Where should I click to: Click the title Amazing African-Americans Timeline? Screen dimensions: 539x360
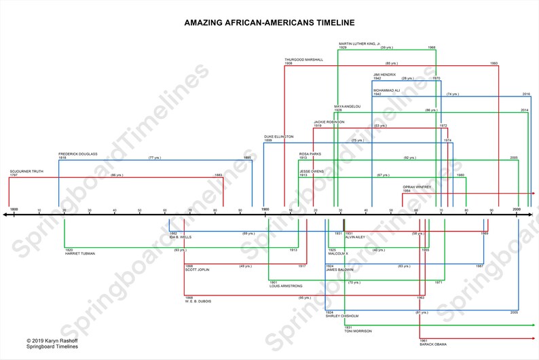tap(269, 22)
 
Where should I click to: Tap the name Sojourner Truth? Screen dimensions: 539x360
tap(26, 171)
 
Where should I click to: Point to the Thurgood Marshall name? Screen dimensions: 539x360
tap(303, 60)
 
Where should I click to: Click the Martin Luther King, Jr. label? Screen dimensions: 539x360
tap(360, 44)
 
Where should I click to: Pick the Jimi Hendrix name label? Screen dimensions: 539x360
tap(384, 75)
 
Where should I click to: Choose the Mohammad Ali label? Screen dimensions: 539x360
tap(386, 90)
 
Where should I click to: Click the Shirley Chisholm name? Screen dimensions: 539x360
tap(342, 316)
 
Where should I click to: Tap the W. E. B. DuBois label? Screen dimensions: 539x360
tap(198, 302)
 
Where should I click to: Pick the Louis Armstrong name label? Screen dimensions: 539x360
tap(286, 286)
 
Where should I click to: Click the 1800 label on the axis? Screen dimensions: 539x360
tap(14, 208)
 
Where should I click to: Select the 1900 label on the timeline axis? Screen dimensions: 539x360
tap(265, 208)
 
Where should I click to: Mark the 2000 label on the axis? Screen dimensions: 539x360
tap(517, 208)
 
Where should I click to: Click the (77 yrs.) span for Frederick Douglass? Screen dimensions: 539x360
tap(155, 158)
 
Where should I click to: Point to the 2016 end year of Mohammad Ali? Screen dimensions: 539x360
tap(526, 94)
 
